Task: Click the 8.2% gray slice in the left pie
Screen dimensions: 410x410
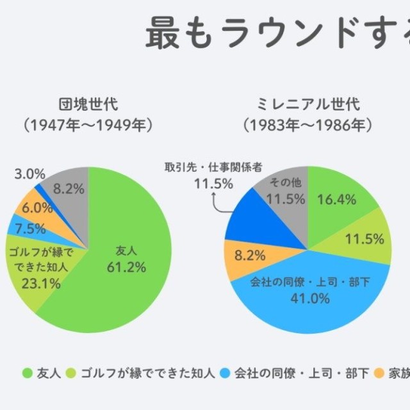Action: click(x=67, y=188)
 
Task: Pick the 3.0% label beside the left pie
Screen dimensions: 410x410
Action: click(x=29, y=174)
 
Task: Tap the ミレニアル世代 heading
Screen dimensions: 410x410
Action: click(x=308, y=104)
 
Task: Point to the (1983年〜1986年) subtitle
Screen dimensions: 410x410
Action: click(x=308, y=125)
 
